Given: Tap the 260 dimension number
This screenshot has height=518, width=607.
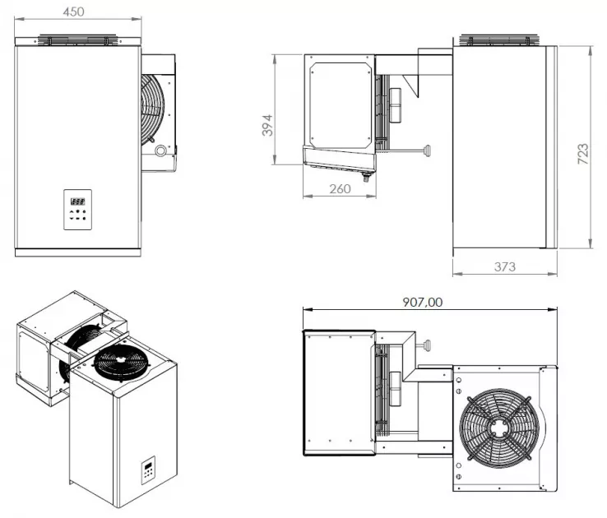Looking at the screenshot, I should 340,188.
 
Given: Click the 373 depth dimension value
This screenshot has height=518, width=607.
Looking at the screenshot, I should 504,266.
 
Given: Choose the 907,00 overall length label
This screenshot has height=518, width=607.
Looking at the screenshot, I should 422,302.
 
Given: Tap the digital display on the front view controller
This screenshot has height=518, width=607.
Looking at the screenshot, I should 78,200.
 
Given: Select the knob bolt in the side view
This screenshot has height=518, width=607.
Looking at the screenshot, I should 426,150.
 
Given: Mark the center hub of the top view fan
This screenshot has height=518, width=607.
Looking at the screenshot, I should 497,428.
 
